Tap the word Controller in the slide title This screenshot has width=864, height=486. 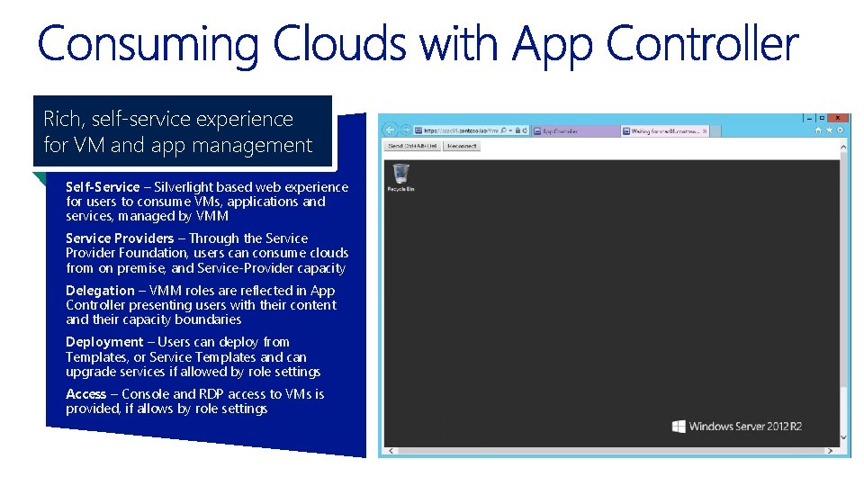[702, 43]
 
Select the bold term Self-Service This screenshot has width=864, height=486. [103, 187]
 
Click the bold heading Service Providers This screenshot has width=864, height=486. [120, 238]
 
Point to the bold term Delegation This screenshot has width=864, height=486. [100, 291]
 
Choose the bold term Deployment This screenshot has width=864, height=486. [104, 342]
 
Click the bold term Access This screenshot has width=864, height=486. [85, 394]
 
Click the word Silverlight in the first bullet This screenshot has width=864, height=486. [187, 187]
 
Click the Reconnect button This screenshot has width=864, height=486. [462, 146]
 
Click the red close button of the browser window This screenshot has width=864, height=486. [837, 118]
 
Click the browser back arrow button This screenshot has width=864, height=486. [391, 130]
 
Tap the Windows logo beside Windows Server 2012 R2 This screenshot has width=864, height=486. [679, 427]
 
